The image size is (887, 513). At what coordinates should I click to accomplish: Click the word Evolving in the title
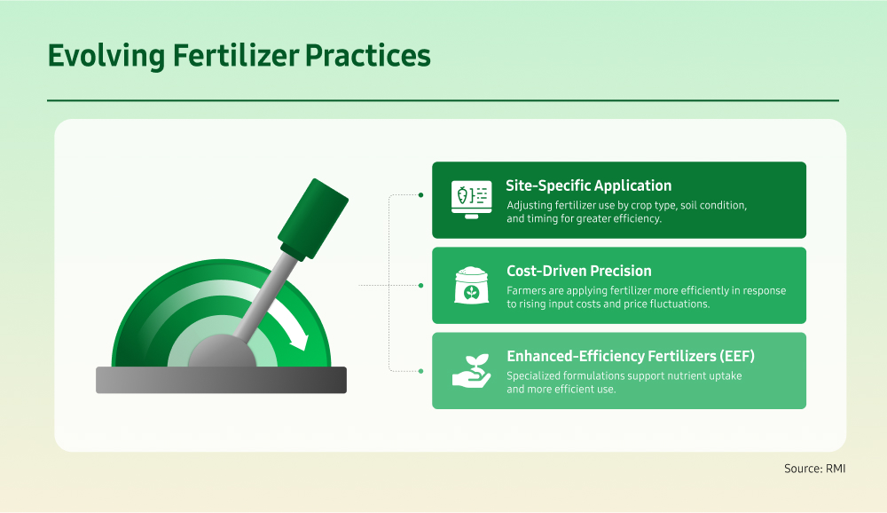pos(106,57)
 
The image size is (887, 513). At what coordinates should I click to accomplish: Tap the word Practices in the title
pos(368,56)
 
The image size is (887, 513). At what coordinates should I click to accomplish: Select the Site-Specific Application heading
pos(588,185)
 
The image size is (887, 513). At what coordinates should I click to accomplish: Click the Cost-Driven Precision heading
pos(578,271)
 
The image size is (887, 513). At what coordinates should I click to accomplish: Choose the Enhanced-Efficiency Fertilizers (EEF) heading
pos(630,356)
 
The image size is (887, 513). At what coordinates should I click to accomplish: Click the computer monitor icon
pos(471,200)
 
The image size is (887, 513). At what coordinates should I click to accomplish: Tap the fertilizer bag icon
pos(471,286)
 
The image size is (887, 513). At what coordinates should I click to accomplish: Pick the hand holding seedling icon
pos(471,371)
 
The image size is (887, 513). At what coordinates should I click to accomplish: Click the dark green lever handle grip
pos(313,219)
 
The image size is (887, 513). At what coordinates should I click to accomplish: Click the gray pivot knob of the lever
pos(222,352)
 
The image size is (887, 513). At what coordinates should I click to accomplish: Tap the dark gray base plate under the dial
pos(221,380)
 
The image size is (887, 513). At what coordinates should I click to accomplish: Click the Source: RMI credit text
pos(814,469)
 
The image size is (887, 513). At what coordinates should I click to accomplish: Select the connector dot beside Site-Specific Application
pos(420,194)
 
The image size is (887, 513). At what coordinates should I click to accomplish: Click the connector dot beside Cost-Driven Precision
pos(420,286)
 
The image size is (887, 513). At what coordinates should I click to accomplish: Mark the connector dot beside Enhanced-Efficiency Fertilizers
pos(420,372)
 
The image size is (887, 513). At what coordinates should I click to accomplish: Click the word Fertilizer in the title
pos(235,56)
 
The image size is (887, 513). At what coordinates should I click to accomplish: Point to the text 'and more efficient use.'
pos(561,389)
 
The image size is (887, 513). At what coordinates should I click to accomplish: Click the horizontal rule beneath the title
pos(443,101)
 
